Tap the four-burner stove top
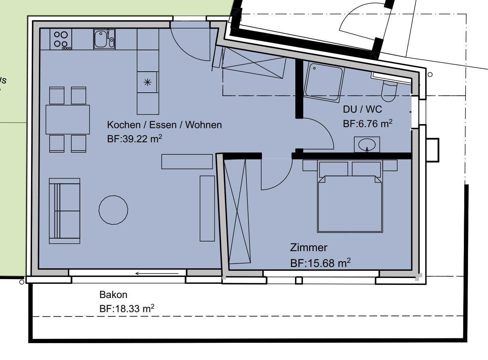(x=61, y=39)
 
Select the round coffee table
(x=113, y=210)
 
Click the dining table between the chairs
(x=68, y=120)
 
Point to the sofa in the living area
(x=64, y=211)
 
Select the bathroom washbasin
(x=367, y=145)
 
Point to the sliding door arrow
(x=157, y=274)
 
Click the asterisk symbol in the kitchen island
(x=148, y=82)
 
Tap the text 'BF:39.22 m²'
(x=134, y=139)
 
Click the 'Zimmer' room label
(x=309, y=248)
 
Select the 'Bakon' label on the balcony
(x=113, y=295)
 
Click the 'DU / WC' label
(x=362, y=109)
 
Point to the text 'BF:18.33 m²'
(x=127, y=309)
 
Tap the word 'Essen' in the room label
(x=163, y=125)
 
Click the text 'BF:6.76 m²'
(x=367, y=124)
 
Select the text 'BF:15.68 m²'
(x=321, y=263)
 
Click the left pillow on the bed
(x=334, y=169)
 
